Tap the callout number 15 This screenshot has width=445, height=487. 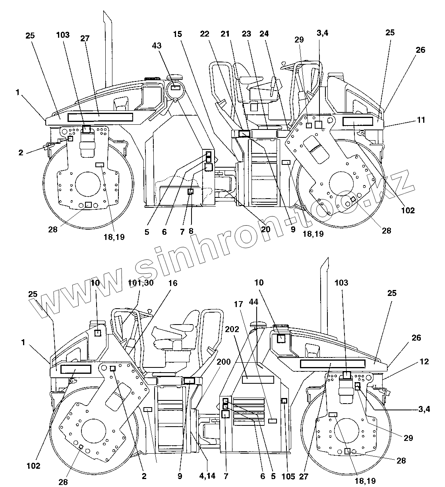[x=177, y=34]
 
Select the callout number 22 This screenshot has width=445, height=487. [x=205, y=34]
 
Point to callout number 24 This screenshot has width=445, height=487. [x=265, y=34]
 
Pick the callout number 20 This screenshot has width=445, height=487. [x=265, y=229]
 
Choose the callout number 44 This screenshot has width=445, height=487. [x=253, y=302]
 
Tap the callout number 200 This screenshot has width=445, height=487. [x=224, y=362]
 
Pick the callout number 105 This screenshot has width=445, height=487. [x=288, y=477]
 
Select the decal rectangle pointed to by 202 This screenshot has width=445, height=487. [x=258, y=379]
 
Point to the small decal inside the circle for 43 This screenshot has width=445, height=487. [x=176, y=87]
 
